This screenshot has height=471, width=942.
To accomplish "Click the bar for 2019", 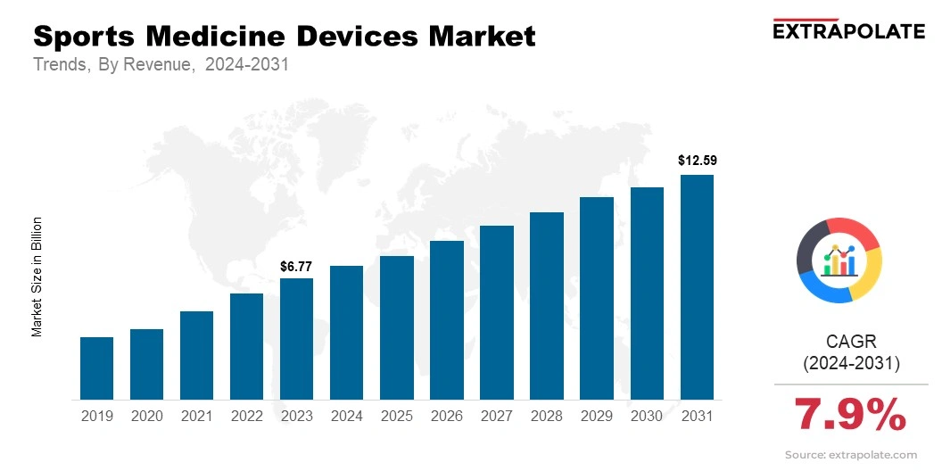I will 96,368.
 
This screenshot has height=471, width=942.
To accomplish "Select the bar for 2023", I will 296,339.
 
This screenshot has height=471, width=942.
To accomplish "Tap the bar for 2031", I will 697,287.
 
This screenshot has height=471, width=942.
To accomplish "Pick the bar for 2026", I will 446,319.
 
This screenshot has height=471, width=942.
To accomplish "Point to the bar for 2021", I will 196,355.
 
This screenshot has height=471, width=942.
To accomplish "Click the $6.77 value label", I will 296,267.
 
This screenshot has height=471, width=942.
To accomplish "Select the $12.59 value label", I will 697,161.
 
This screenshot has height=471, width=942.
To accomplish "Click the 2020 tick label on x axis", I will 146,416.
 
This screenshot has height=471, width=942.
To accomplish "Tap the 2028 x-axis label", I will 546,416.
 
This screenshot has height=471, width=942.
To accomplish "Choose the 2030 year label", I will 647,416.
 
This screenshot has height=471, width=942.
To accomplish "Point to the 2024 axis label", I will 346,416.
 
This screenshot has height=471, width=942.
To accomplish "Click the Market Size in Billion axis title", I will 37,277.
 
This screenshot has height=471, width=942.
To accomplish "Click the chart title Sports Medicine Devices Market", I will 285,37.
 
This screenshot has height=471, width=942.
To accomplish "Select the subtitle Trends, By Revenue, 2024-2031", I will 161,65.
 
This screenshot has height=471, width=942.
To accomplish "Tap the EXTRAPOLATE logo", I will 847,30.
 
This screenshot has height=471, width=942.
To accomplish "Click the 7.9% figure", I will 850,416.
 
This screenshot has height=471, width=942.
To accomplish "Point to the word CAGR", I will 851,342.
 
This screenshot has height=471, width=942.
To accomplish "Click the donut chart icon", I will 839,260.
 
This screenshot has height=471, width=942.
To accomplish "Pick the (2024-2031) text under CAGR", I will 851,364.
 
